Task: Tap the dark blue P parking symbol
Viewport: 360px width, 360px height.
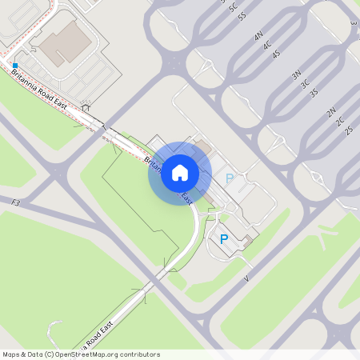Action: [x=224, y=239]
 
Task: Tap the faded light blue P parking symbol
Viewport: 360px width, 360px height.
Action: [x=230, y=179]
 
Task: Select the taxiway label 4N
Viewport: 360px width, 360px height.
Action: [x=258, y=37]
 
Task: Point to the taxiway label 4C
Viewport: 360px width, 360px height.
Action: [x=267, y=46]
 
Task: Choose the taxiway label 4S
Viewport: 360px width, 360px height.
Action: [x=276, y=54]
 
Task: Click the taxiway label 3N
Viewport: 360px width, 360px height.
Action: [x=296, y=75]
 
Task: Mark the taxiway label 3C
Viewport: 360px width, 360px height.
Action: [x=305, y=84]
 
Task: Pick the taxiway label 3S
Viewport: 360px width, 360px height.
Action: [x=314, y=93]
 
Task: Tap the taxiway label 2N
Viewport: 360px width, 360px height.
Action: [x=331, y=113]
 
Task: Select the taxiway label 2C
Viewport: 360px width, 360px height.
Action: [x=340, y=122]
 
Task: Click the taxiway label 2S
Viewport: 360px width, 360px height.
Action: [x=349, y=130]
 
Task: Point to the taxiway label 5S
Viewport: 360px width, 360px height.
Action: [x=242, y=15]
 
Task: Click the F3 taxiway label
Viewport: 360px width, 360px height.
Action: [x=15, y=204]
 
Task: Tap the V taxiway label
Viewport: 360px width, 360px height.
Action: [x=247, y=278]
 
